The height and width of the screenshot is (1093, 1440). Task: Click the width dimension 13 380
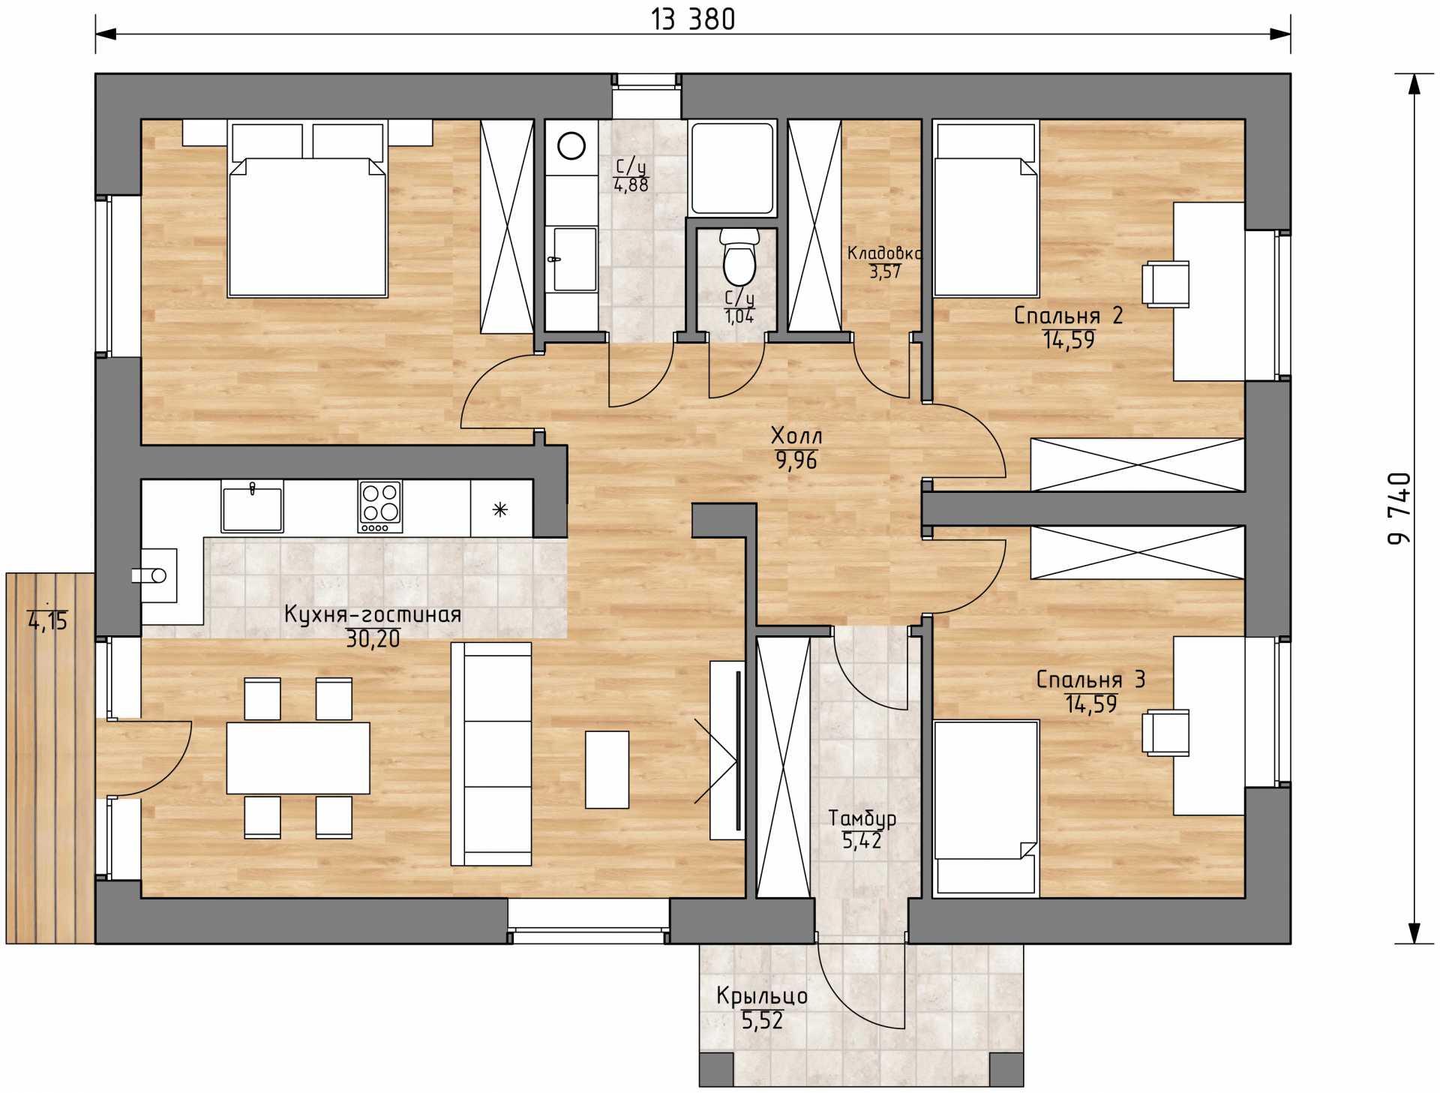coord(693,20)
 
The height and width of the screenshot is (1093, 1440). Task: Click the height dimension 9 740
coord(1399,508)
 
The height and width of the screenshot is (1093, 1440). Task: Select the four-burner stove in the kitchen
coord(380,506)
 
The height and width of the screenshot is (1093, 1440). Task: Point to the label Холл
coord(796,435)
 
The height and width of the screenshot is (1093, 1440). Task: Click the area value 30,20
coord(373,639)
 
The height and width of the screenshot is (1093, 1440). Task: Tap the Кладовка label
coord(884,253)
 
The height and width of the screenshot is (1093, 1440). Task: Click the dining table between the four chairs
coord(298,758)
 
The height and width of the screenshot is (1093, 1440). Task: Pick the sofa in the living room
coord(491,753)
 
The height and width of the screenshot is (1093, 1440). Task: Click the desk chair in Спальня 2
coord(1165,284)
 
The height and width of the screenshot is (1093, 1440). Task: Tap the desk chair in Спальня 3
coord(1165,732)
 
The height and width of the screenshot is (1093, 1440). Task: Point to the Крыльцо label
coord(762,995)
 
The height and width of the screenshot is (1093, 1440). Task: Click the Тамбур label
coord(862,818)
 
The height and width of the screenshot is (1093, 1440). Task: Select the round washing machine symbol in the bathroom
coord(571,146)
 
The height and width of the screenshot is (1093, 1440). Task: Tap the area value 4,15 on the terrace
coord(48,621)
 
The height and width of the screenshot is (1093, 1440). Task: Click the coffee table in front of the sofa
coord(607,770)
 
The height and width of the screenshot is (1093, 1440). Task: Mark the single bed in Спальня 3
coord(986,809)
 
